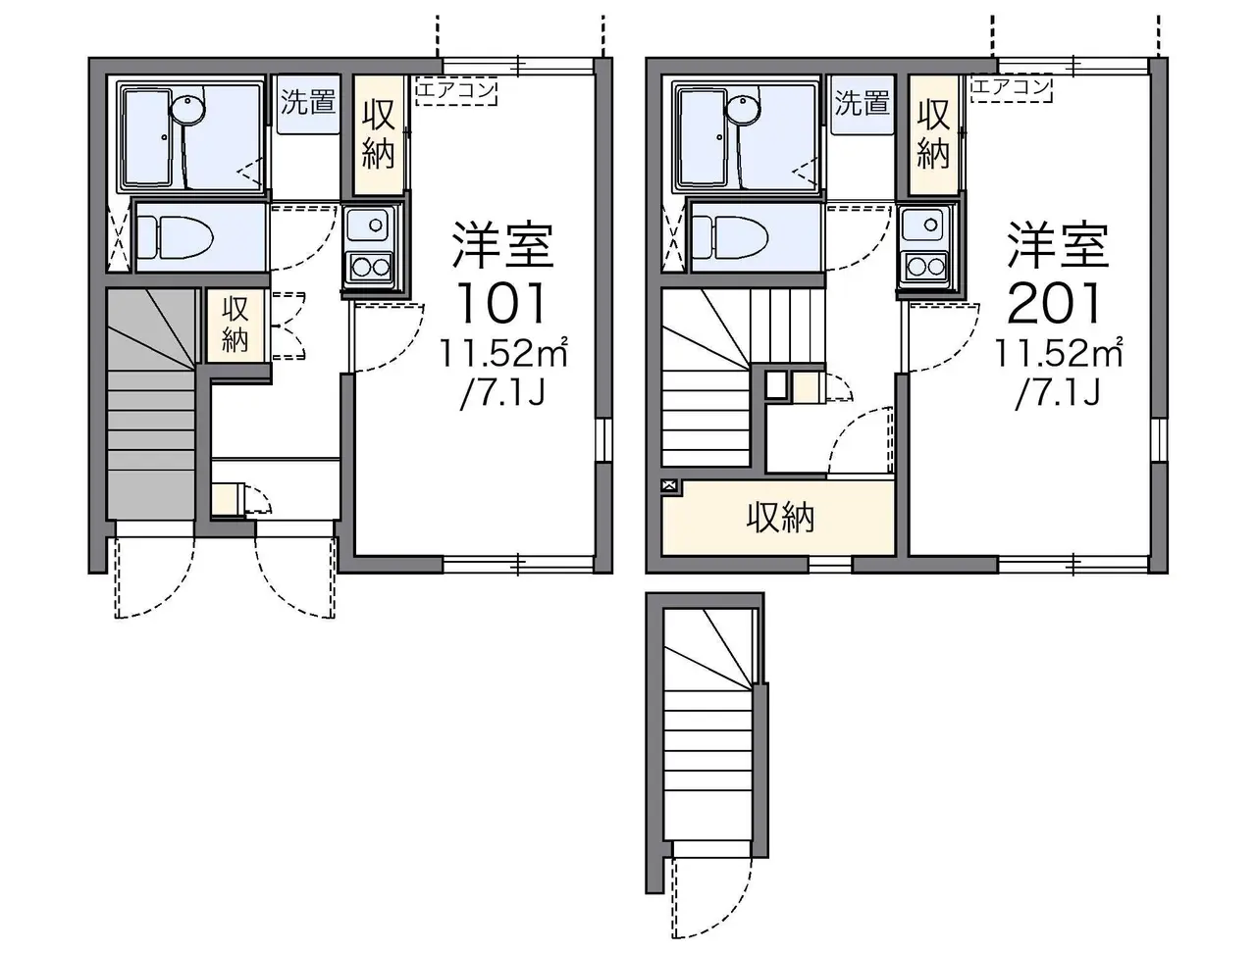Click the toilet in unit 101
(x=176, y=236)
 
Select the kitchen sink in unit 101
(x=369, y=225)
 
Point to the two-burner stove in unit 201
(x=925, y=267)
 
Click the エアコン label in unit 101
(x=456, y=91)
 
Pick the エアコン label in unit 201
(x=1011, y=88)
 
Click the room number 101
(x=501, y=304)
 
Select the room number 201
(x=1054, y=304)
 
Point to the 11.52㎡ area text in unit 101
(x=502, y=353)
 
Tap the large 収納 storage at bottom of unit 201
(x=780, y=520)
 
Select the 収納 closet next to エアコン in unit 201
(x=933, y=133)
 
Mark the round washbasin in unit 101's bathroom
(x=188, y=108)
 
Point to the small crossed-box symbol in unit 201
(x=669, y=486)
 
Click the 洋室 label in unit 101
(x=502, y=246)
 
